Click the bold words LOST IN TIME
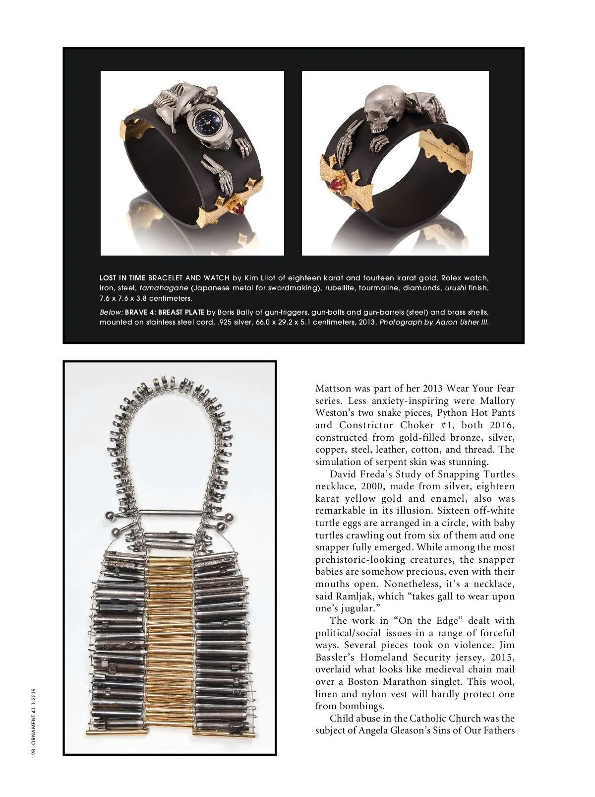(122, 278)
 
